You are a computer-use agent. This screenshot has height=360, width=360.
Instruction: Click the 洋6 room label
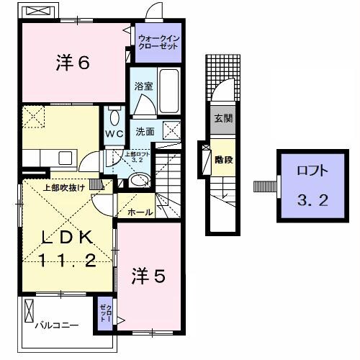click(x=72, y=63)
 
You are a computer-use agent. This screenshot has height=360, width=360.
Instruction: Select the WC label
click(x=115, y=135)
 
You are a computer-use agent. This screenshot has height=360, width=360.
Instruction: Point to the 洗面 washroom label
click(x=145, y=132)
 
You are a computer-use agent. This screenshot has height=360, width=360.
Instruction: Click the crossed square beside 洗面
click(x=172, y=130)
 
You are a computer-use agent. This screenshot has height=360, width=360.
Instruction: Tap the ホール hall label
click(x=139, y=213)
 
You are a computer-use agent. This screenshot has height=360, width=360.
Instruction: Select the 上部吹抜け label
click(x=65, y=189)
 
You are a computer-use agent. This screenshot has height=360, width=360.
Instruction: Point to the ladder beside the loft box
click(x=265, y=186)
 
